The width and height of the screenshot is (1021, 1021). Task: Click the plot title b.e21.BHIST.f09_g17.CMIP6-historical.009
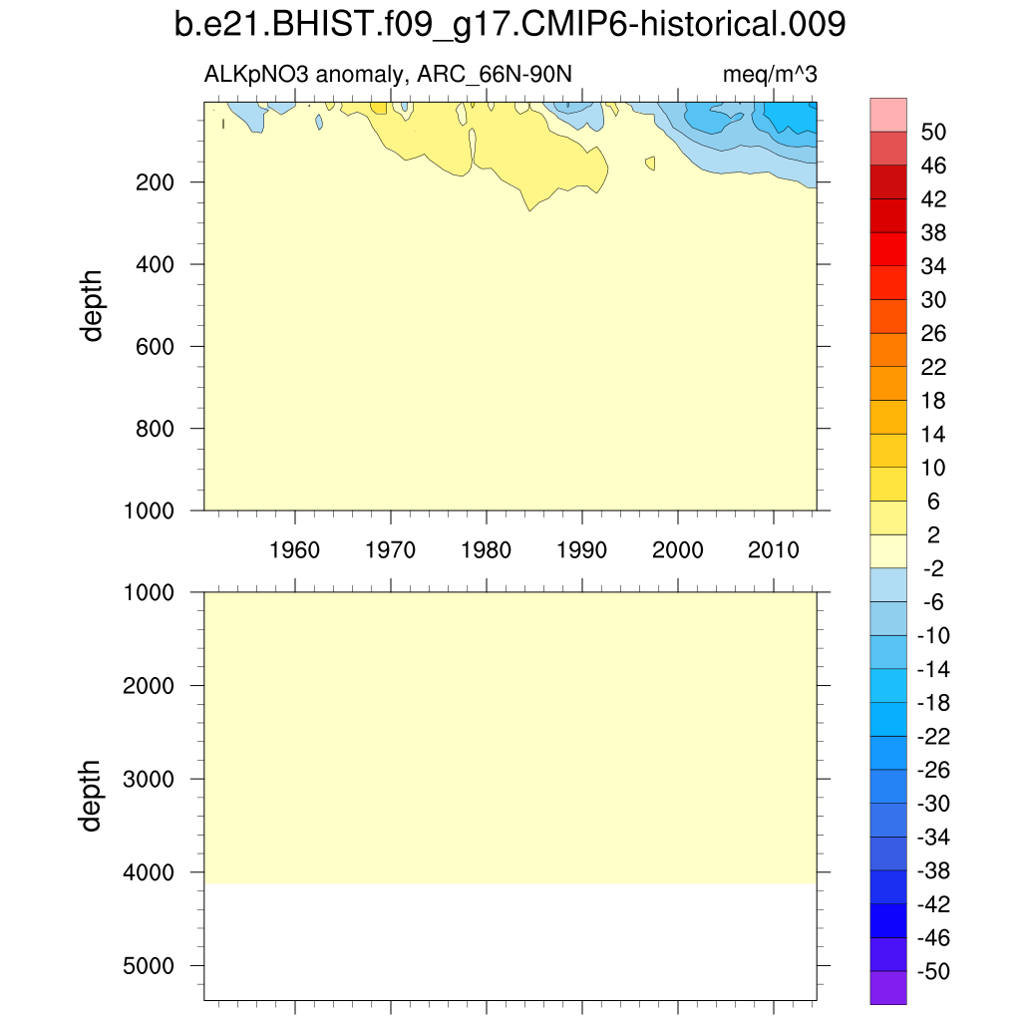(x=510, y=25)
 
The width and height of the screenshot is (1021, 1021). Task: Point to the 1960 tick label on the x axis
(x=295, y=549)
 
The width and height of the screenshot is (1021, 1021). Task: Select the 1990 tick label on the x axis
(x=582, y=549)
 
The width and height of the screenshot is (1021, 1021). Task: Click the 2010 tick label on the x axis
(x=774, y=549)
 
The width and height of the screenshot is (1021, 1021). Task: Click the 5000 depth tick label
(x=152, y=965)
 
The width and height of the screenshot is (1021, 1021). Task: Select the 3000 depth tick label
(x=152, y=779)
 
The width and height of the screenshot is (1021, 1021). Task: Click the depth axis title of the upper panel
(x=93, y=306)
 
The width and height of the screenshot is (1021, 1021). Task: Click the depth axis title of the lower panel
(x=93, y=795)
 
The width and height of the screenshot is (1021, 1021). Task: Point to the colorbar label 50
(x=934, y=132)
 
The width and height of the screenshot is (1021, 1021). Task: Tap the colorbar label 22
(x=934, y=367)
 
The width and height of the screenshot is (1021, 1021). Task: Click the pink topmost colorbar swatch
(x=888, y=114)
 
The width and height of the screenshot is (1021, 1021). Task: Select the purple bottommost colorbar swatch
(x=888, y=988)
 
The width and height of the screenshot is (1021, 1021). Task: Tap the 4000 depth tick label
(x=152, y=872)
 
